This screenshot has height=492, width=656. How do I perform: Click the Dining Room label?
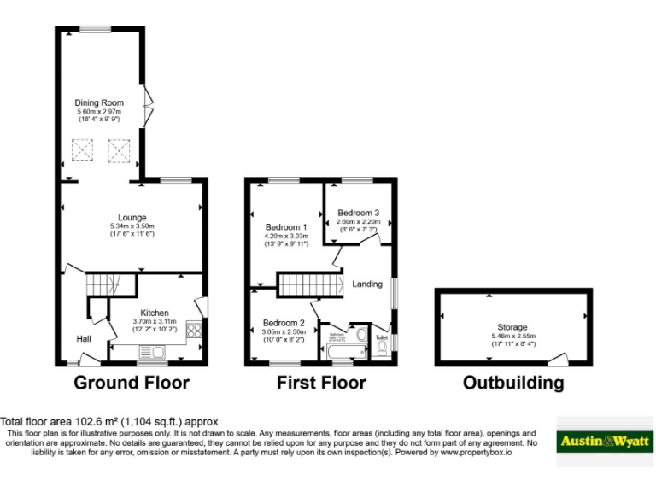point(99,103)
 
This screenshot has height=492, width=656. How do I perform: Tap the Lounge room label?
point(132,217)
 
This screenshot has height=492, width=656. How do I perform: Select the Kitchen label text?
point(155,313)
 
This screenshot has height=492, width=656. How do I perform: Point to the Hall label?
point(84,339)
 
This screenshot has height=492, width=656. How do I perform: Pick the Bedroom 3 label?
point(358,213)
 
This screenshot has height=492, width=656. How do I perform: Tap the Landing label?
point(367,284)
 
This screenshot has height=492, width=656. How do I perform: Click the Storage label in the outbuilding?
point(512,327)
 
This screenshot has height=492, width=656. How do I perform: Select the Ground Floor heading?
point(132,382)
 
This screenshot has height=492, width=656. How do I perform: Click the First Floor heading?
point(321,382)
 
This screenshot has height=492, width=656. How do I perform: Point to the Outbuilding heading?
point(512,382)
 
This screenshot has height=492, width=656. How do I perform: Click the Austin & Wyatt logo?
point(604,442)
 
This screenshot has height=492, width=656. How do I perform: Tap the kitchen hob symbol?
point(193,330)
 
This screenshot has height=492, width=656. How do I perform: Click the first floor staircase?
point(307,283)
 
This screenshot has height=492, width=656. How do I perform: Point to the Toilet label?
point(382,337)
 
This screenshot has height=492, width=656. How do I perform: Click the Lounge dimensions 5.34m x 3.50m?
point(132,225)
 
